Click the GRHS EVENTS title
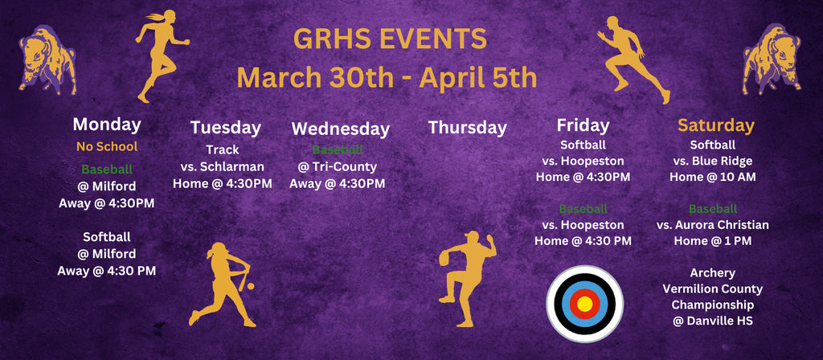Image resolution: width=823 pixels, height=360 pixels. click(390, 39)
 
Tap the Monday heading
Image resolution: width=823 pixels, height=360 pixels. click(107, 125)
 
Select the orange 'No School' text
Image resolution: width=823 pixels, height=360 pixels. click(107, 146)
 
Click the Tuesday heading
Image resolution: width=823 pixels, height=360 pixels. click(226, 127)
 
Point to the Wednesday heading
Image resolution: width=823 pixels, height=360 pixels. click(340, 129)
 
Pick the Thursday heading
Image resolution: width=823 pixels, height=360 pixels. click(467, 127)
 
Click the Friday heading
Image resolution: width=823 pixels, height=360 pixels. click(583, 125)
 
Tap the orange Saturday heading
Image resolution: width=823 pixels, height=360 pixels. click(715, 125)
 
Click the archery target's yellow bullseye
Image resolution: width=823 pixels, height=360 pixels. click(584, 304)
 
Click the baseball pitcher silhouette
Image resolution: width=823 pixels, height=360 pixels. click(466, 277)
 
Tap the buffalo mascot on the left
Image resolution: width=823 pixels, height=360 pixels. click(47, 60)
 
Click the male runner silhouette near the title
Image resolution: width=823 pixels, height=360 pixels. click(632, 59)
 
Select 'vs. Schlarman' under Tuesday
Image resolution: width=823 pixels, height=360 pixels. click(223, 166)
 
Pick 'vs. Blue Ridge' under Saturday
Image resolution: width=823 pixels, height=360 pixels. click(712, 160)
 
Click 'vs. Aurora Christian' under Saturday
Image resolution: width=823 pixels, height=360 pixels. click(712, 225)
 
